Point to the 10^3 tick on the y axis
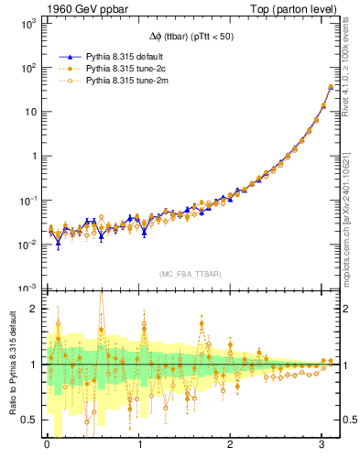click(x=28, y=25)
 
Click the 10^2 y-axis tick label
click(x=28, y=69)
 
